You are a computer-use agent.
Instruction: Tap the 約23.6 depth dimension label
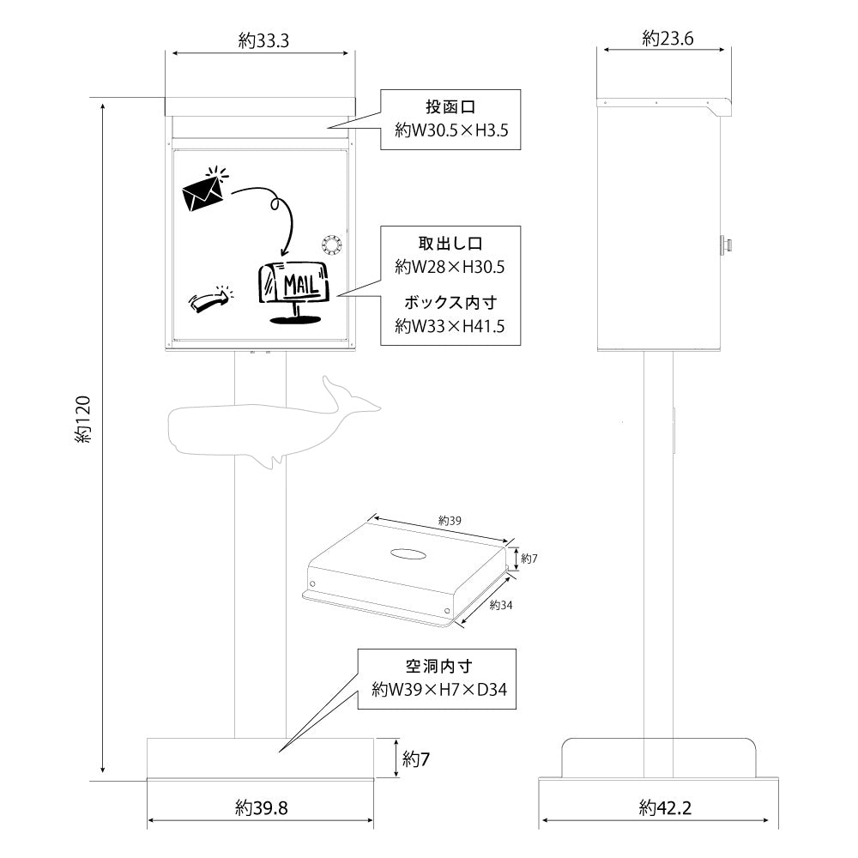(668, 38)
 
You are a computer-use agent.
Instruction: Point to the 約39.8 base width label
(261, 807)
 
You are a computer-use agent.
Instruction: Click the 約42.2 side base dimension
(665, 807)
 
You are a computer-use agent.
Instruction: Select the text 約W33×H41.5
(450, 326)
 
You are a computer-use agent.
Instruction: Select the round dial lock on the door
(332, 245)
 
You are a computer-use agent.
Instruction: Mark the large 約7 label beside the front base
(415, 758)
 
